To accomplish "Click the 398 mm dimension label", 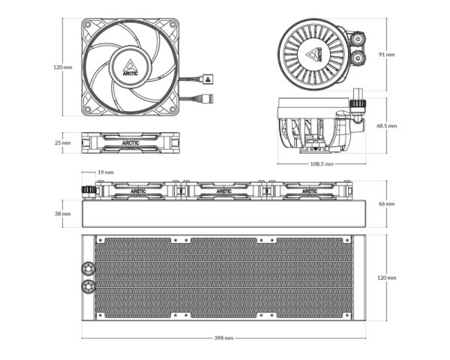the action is pyautogui.click(x=223, y=338).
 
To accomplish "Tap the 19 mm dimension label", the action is pyautogui.click(x=106, y=172).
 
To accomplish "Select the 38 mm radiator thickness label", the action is pyautogui.click(x=62, y=214).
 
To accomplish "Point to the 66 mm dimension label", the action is pyautogui.click(x=386, y=203).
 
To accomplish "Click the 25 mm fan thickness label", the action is pyautogui.click(x=62, y=142).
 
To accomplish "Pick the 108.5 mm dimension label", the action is pyautogui.click(x=322, y=164).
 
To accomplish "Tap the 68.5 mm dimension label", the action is pyautogui.click(x=386, y=126).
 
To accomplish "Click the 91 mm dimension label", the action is pyautogui.click(x=386, y=54).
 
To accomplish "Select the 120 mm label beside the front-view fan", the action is pyautogui.click(x=62, y=67).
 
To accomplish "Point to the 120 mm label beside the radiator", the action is pyautogui.click(x=386, y=277).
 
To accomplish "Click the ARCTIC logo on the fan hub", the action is pyautogui.click(x=130, y=67).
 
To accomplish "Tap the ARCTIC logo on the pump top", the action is pyautogui.click(x=314, y=54).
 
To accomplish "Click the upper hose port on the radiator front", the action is pyautogui.click(x=88, y=268).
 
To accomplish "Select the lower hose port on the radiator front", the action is pyautogui.click(x=88, y=286).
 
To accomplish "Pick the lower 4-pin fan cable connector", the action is pyautogui.click(x=208, y=99).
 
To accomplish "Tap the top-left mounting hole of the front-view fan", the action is pyautogui.click(x=88, y=25).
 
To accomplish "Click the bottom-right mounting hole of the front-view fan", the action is pyautogui.click(x=172, y=109).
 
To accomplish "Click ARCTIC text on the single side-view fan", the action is pyautogui.click(x=130, y=142).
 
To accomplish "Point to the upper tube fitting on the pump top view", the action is pyautogui.click(x=358, y=38).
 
